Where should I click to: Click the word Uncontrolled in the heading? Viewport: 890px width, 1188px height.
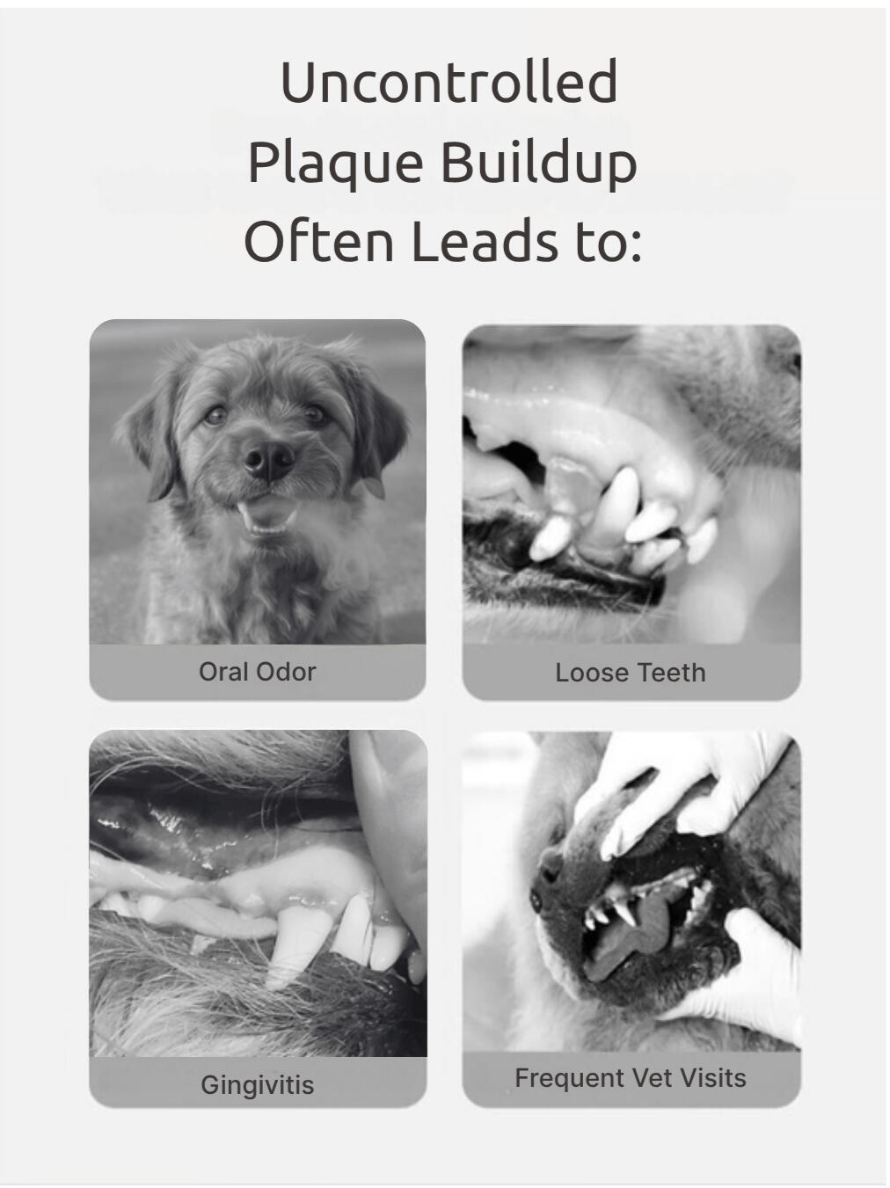[449, 82]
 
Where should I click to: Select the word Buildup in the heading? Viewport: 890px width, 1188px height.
[537, 163]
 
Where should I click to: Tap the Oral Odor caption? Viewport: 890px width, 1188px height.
[257, 672]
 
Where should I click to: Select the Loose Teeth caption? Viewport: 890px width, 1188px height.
[630, 673]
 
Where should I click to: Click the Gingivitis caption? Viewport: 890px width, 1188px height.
[257, 1084]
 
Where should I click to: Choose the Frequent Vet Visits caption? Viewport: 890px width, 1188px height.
[630, 1078]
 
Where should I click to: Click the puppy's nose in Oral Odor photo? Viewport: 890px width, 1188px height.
[268, 457]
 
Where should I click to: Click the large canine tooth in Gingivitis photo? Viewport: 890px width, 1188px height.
[293, 945]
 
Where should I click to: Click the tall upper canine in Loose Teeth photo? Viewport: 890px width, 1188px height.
[619, 501]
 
